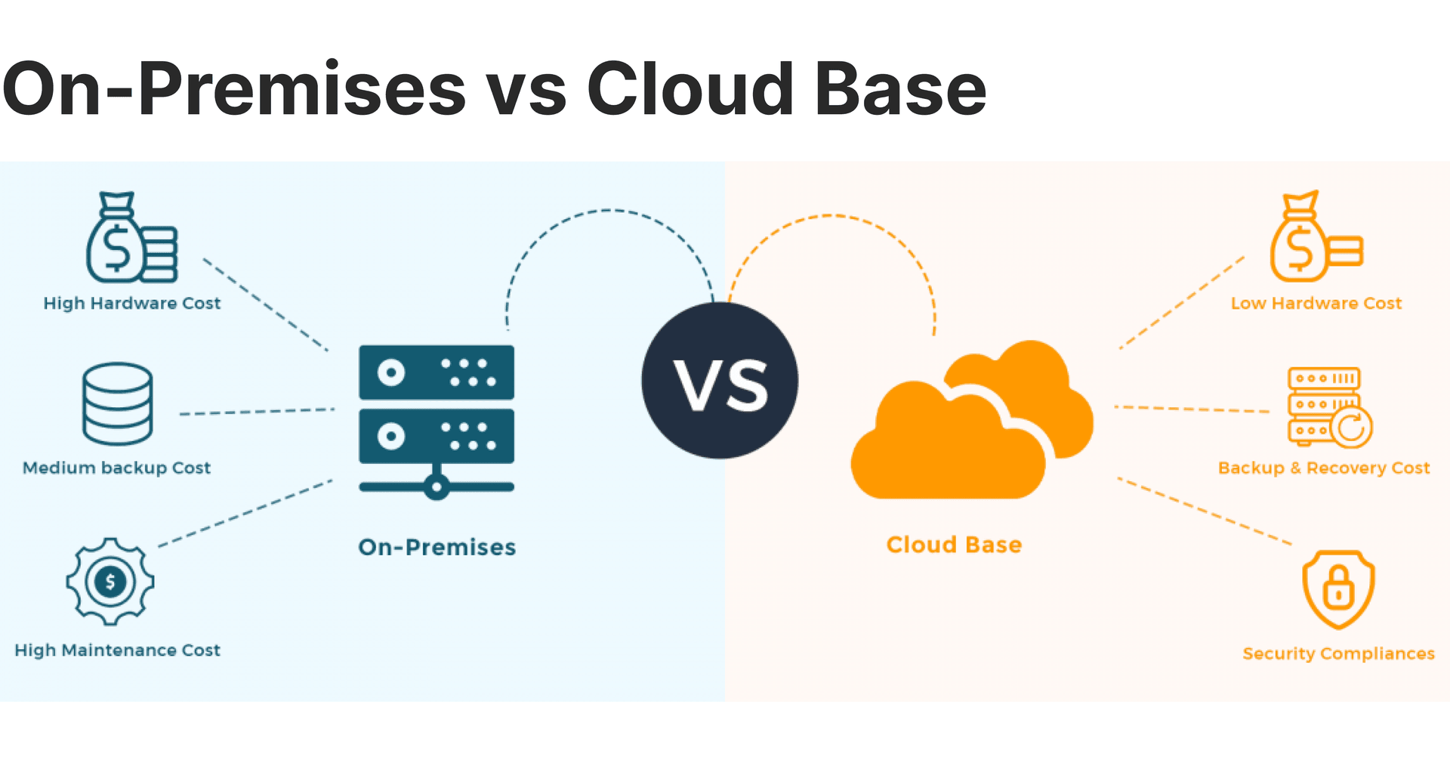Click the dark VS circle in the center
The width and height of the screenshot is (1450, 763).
(x=720, y=380)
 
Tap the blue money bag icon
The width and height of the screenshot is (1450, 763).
(x=130, y=239)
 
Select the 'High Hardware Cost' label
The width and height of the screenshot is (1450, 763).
(x=131, y=303)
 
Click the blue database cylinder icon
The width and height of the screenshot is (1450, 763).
(x=117, y=403)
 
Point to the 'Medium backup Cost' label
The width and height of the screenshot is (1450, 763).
(x=116, y=468)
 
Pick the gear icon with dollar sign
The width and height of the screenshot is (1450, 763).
(x=110, y=582)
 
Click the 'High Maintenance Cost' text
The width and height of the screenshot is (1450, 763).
(x=117, y=650)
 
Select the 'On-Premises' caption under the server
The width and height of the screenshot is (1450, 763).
(x=437, y=547)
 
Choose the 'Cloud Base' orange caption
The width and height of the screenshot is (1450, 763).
(x=954, y=545)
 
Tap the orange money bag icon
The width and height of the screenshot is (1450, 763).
(x=1314, y=239)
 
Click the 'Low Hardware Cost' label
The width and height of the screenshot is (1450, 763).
(x=1316, y=303)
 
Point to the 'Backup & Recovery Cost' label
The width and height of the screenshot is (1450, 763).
(x=1324, y=468)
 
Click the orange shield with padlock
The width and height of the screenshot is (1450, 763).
(x=1338, y=589)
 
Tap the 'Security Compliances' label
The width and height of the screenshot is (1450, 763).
(x=1338, y=653)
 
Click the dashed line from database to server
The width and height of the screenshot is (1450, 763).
(x=257, y=412)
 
